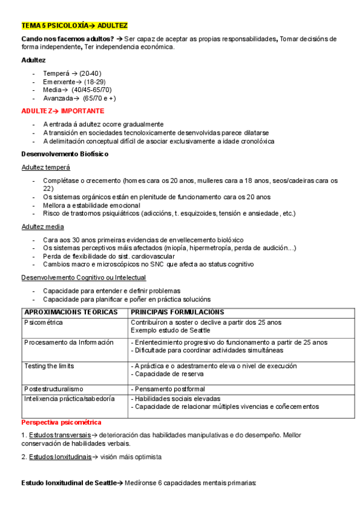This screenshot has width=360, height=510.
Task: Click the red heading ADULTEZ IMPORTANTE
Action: [63, 111]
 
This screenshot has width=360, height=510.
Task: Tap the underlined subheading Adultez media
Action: [43, 227]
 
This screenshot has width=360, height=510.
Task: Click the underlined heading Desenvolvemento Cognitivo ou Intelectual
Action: [84, 277]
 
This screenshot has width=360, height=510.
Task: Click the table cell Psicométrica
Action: [43, 322]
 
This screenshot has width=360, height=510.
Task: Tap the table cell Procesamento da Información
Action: [69, 342]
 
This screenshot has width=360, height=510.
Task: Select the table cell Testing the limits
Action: [50, 366]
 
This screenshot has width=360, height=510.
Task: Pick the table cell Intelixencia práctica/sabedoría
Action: [70, 398]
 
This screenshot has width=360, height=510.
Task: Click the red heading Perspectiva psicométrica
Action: [61, 423]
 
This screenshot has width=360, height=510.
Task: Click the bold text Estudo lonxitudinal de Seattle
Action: [68, 482]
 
